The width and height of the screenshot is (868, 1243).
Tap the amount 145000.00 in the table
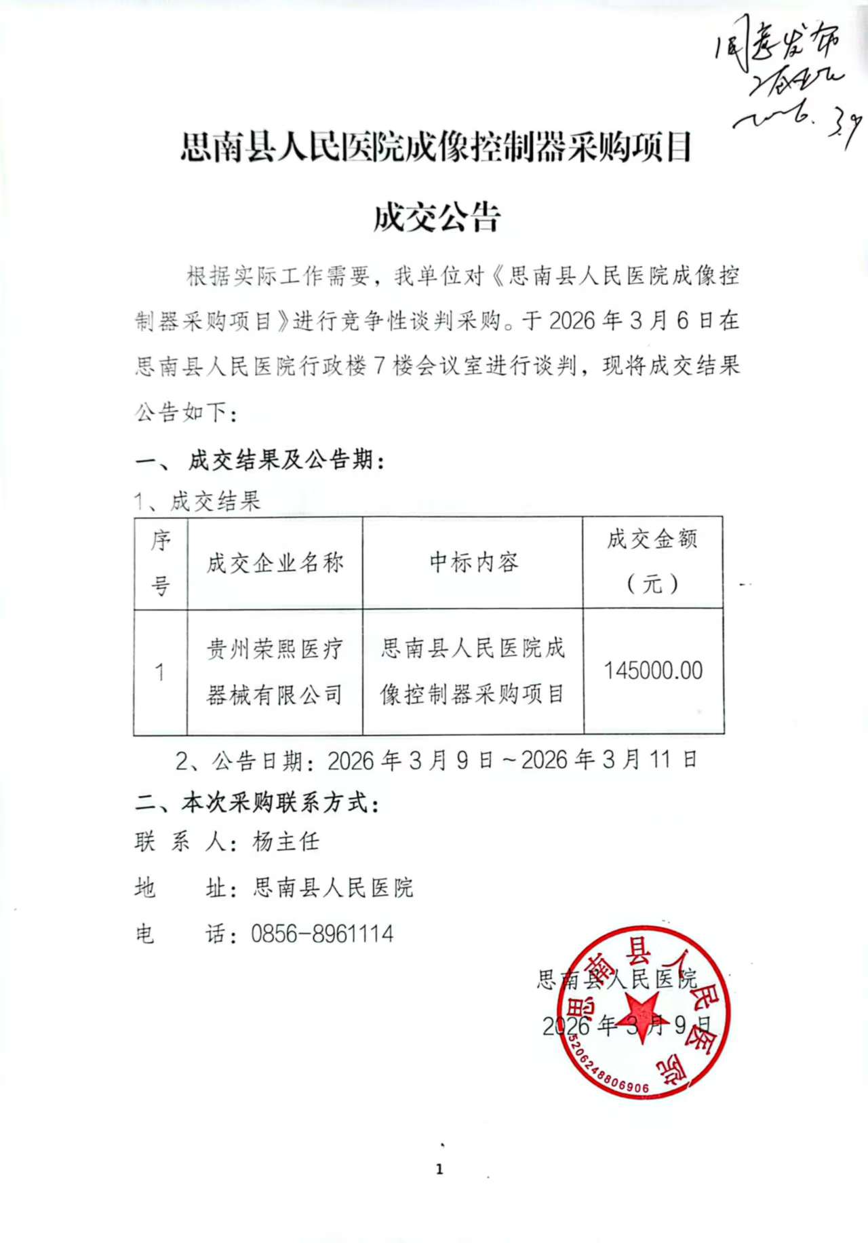coord(653,670)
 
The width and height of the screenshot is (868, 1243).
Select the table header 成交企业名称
coord(275,562)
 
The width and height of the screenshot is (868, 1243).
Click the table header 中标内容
coord(473,562)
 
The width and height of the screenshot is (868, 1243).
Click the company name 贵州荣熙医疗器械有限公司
coord(275,672)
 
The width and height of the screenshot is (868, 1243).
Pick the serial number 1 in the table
coord(160,672)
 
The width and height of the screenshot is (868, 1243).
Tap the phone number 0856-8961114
coord(322,934)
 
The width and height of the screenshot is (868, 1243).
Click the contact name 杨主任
coord(286,842)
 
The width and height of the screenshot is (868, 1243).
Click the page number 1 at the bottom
coord(439,1169)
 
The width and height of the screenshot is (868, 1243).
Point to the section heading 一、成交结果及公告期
coord(261,461)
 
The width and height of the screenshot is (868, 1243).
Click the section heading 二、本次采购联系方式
coord(258,803)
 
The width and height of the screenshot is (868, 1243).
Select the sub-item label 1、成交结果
coord(197,501)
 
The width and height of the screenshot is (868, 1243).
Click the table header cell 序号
coord(160,562)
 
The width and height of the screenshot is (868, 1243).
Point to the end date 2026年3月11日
coord(608,760)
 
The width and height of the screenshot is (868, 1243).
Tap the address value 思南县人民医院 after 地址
coord(333,887)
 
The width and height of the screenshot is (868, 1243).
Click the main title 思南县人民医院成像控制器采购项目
coord(436,147)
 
